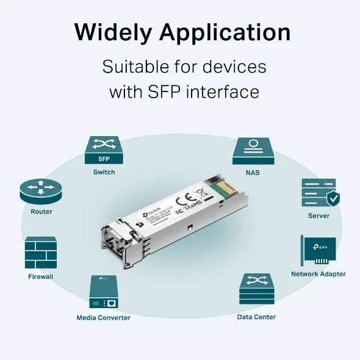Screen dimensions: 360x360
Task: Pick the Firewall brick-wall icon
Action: tap(41, 253)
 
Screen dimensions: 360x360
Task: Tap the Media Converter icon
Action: tap(103, 292)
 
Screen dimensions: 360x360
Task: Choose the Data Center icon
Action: tap(256, 289)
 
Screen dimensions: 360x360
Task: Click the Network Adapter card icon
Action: tap(319, 251)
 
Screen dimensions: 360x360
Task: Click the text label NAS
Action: tap(253, 173)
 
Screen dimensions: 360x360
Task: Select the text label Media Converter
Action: tap(103, 317)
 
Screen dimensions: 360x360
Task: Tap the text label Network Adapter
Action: tap(319, 274)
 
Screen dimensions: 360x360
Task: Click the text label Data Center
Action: tap(256, 317)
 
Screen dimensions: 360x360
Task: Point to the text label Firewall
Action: tap(41, 276)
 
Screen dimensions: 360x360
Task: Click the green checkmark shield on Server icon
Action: tap(333, 198)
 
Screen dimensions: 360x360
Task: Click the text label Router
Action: tap(41, 212)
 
